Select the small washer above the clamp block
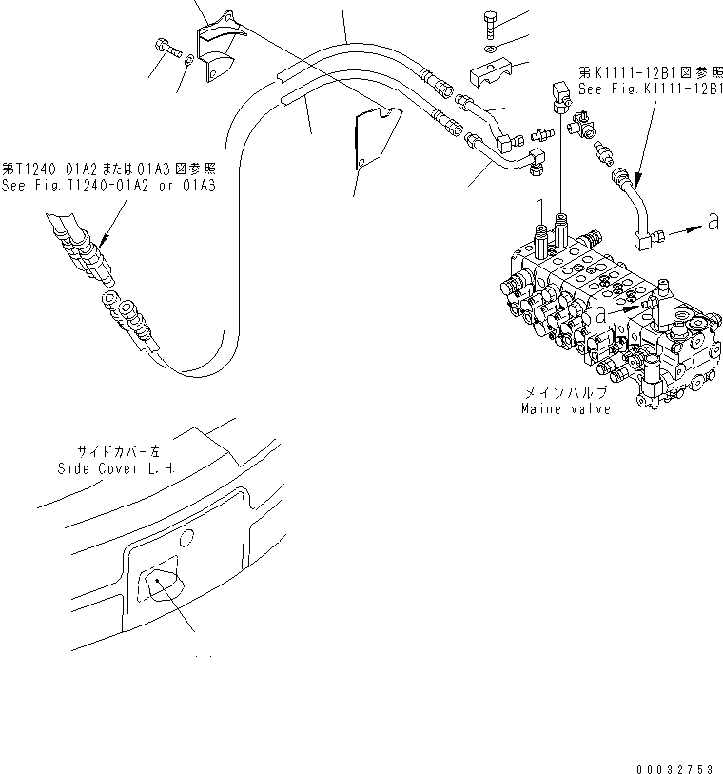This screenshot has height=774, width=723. point(488,48)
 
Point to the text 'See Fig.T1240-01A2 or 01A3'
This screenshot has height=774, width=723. point(107,185)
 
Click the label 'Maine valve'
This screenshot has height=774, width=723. point(566,409)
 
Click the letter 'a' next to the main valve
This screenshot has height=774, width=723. point(601,312)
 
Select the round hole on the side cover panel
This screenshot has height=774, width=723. point(186,538)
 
